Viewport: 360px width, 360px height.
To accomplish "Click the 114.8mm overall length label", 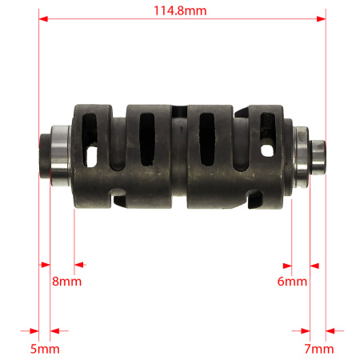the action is (180, 11).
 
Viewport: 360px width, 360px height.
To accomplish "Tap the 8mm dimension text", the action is (66, 282).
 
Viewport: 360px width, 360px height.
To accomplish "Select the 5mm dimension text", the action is (45, 349).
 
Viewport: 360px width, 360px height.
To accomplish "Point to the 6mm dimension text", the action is (292, 282).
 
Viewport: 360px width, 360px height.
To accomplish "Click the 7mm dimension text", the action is (319, 349).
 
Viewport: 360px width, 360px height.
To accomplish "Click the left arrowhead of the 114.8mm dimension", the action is (43, 19).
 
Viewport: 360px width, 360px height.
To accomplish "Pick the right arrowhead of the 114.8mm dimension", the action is (321, 19).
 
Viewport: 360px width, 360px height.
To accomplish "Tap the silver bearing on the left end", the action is (61, 156).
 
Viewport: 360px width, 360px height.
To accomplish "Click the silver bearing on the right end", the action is (302, 157).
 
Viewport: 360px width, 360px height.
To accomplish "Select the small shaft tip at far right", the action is (318, 158).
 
